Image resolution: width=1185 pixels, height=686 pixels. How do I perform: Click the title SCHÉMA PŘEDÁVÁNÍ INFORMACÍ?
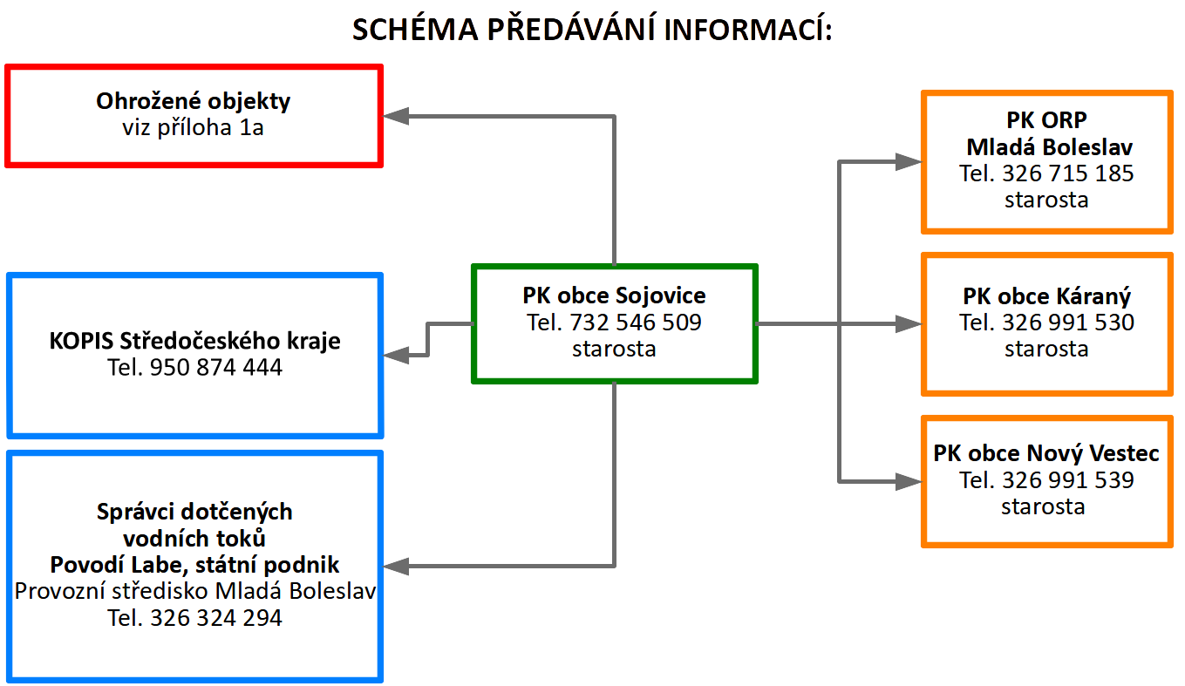[592, 29]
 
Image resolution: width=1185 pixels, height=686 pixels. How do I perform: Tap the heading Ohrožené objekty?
[193, 101]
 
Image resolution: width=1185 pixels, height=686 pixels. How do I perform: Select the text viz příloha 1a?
[193, 128]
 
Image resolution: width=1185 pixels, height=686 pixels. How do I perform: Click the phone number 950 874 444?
[216, 367]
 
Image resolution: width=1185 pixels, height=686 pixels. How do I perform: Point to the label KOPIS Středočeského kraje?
[194, 341]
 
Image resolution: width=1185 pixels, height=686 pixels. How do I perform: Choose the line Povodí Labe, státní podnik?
[194, 565]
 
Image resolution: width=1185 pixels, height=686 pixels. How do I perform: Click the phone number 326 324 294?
[216, 618]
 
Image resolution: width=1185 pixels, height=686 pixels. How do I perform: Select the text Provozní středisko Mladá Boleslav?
[194, 591]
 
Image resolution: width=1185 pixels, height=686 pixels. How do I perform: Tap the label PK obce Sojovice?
[614, 295]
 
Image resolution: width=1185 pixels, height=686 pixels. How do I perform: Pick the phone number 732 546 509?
[636, 323]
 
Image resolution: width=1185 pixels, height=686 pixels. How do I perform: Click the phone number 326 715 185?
[1068, 173]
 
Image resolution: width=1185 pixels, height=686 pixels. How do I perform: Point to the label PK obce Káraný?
[1047, 296]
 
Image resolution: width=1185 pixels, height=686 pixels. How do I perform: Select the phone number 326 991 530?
[1068, 323]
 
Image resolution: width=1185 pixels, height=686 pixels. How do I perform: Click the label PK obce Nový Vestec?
[1046, 453]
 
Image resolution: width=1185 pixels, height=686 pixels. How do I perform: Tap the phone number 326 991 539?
[1068, 480]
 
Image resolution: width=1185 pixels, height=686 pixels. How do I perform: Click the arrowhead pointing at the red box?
[396, 116]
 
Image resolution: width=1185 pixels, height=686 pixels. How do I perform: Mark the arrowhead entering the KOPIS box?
[396, 355]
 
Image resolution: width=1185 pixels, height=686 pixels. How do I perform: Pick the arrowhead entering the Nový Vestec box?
[909, 481]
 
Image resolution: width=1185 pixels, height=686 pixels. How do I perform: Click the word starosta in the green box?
[614, 349]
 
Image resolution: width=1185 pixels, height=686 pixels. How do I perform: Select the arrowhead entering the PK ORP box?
[909, 162]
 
